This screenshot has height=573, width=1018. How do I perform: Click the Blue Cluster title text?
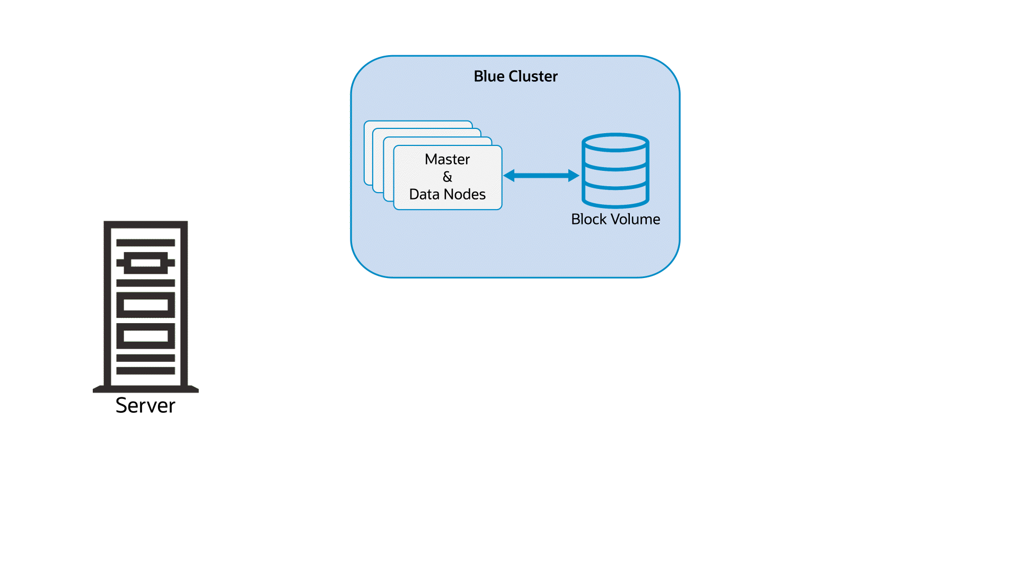pyautogui.click(x=515, y=76)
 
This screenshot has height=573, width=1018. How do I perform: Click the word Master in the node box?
pyautogui.click(x=447, y=159)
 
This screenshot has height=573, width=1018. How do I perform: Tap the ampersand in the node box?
pyautogui.click(x=447, y=177)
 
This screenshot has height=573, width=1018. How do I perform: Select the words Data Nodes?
pyautogui.click(x=447, y=194)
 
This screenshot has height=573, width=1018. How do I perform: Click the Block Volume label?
pyautogui.click(x=615, y=219)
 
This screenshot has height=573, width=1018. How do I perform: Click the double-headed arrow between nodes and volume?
pyautogui.click(x=541, y=176)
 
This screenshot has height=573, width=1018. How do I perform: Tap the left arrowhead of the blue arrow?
pyautogui.click(x=509, y=176)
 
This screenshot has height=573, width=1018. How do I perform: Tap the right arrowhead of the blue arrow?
pyautogui.click(x=573, y=176)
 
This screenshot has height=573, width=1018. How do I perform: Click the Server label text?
pyautogui.click(x=145, y=405)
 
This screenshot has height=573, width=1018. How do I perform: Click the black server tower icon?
pyautogui.click(x=145, y=305)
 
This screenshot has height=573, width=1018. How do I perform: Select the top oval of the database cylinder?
pyautogui.click(x=615, y=143)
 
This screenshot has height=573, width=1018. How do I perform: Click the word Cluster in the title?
pyautogui.click(x=533, y=76)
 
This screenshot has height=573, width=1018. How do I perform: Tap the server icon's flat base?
pyautogui.click(x=145, y=389)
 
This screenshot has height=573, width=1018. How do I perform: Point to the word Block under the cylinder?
pyautogui.click(x=589, y=219)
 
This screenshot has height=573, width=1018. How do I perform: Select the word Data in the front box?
pyautogui.click(x=424, y=194)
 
